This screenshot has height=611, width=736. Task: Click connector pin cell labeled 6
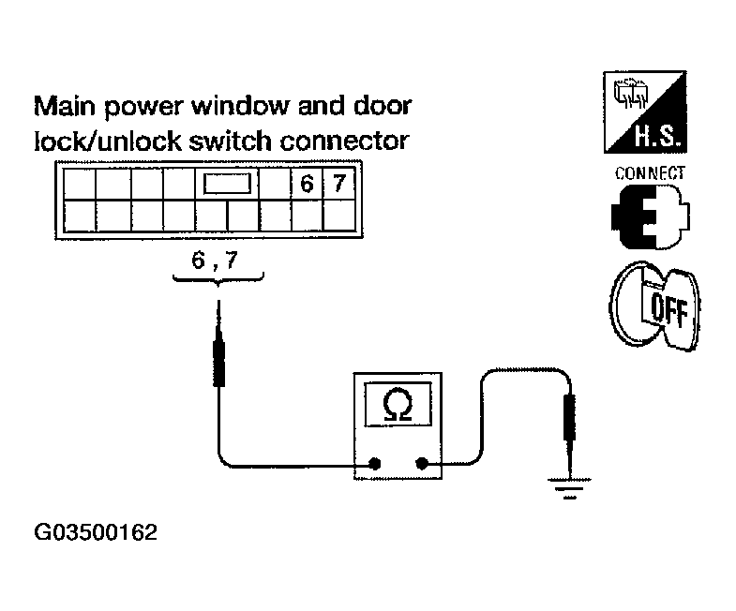click(306, 184)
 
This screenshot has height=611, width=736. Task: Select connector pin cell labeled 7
click(338, 184)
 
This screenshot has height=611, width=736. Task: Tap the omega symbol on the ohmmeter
click(398, 405)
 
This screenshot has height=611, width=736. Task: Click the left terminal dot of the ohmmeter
click(375, 463)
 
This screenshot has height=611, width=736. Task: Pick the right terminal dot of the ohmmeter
click(421, 463)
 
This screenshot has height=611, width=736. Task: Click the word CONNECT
click(650, 173)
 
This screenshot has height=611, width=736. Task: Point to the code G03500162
click(96, 533)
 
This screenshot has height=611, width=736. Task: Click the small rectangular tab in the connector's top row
click(225, 184)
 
